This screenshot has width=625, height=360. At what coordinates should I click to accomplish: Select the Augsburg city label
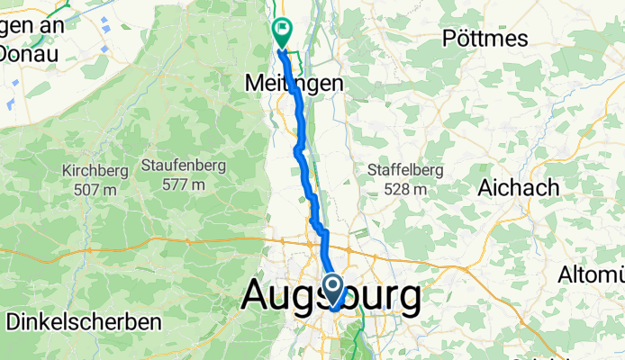(x=331, y=296)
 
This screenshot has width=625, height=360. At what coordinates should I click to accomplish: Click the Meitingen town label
(x=294, y=82)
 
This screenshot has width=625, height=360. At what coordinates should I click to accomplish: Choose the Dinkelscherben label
(x=83, y=320)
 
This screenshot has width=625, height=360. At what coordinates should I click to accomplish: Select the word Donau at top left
(x=31, y=53)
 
